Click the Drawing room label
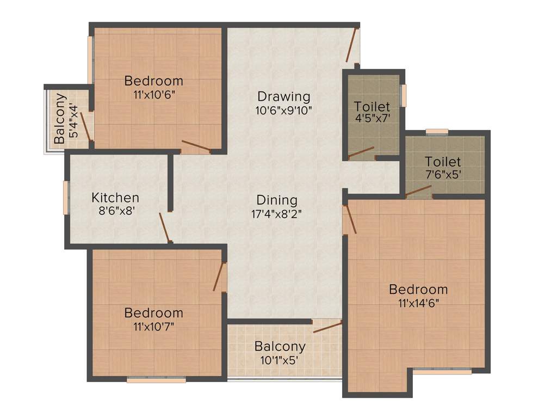point(283,97)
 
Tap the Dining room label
point(277,200)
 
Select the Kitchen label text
point(115,198)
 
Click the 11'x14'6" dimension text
point(418,303)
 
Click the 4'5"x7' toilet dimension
point(372,117)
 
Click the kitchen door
point(164,228)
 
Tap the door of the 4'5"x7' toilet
point(361,152)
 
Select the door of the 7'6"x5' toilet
point(418,190)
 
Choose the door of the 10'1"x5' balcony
point(327,327)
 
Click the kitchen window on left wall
point(66,198)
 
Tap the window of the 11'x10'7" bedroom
point(156,380)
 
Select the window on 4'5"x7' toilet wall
point(403,96)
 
